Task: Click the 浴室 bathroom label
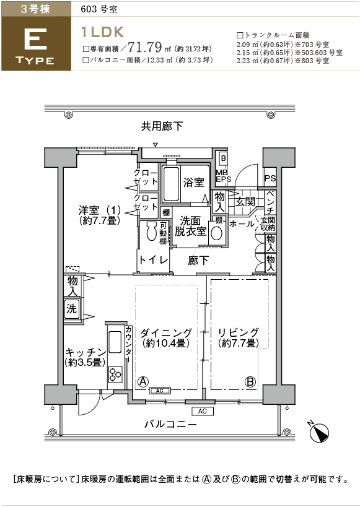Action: [193, 183]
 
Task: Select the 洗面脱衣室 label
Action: [191, 226]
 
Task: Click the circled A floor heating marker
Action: [143, 381]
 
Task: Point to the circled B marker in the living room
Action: [250, 381]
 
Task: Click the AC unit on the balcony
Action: [203, 411]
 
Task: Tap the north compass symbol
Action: [319, 432]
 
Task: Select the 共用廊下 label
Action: [162, 126]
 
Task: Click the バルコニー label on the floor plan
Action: [170, 424]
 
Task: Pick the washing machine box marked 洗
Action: [71, 309]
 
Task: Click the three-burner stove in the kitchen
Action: [115, 375]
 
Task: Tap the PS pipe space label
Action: [270, 178]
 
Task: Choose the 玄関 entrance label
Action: [245, 202]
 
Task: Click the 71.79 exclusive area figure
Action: [145, 47]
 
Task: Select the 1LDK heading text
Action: [103, 32]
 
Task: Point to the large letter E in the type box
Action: [35, 39]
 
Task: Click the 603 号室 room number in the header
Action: [99, 9]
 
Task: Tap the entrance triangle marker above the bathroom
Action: [156, 144]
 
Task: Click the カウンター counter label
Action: [128, 345]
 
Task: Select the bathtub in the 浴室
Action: [170, 184]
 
